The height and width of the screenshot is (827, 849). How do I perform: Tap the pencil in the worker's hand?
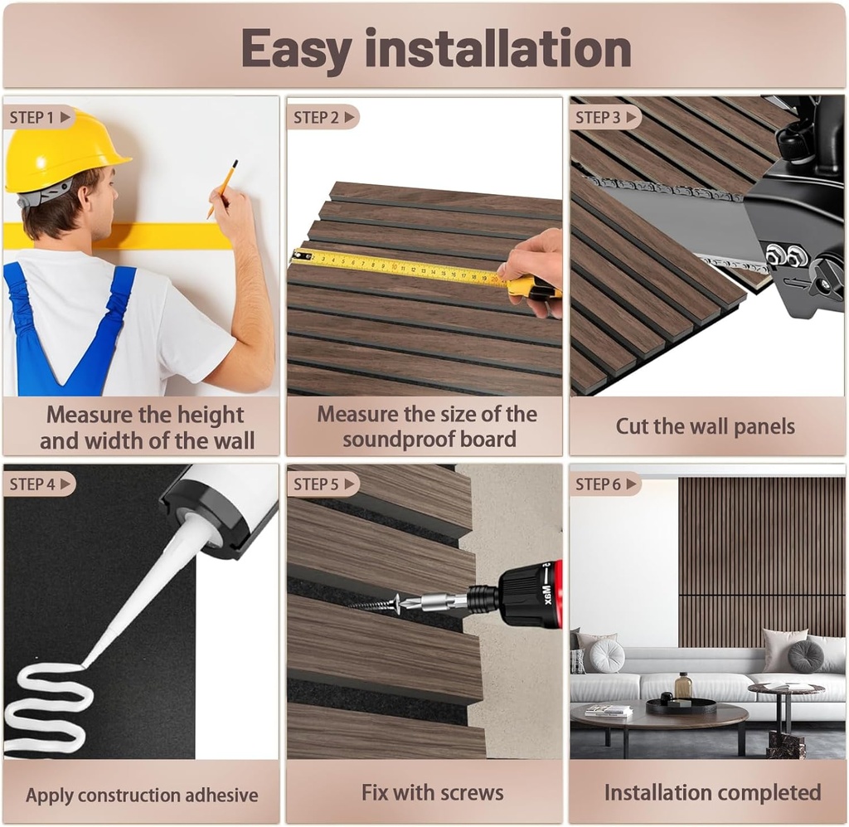(x=223, y=189)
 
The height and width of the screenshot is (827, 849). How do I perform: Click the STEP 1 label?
(x=38, y=117)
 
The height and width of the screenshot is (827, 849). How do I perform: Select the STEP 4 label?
(x=38, y=484)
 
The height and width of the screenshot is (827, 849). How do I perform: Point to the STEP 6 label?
(x=604, y=484)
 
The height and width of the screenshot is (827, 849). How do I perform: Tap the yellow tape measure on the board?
(x=398, y=267)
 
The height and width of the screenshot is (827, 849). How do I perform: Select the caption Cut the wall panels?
(x=705, y=426)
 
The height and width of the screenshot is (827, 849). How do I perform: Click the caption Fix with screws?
(x=432, y=792)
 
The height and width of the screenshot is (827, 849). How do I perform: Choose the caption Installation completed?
(x=712, y=792)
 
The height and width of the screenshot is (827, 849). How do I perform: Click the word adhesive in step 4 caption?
(x=216, y=795)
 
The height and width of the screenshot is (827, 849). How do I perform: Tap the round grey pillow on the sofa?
(x=607, y=655)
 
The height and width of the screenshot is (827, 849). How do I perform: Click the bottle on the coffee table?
(x=683, y=686)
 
